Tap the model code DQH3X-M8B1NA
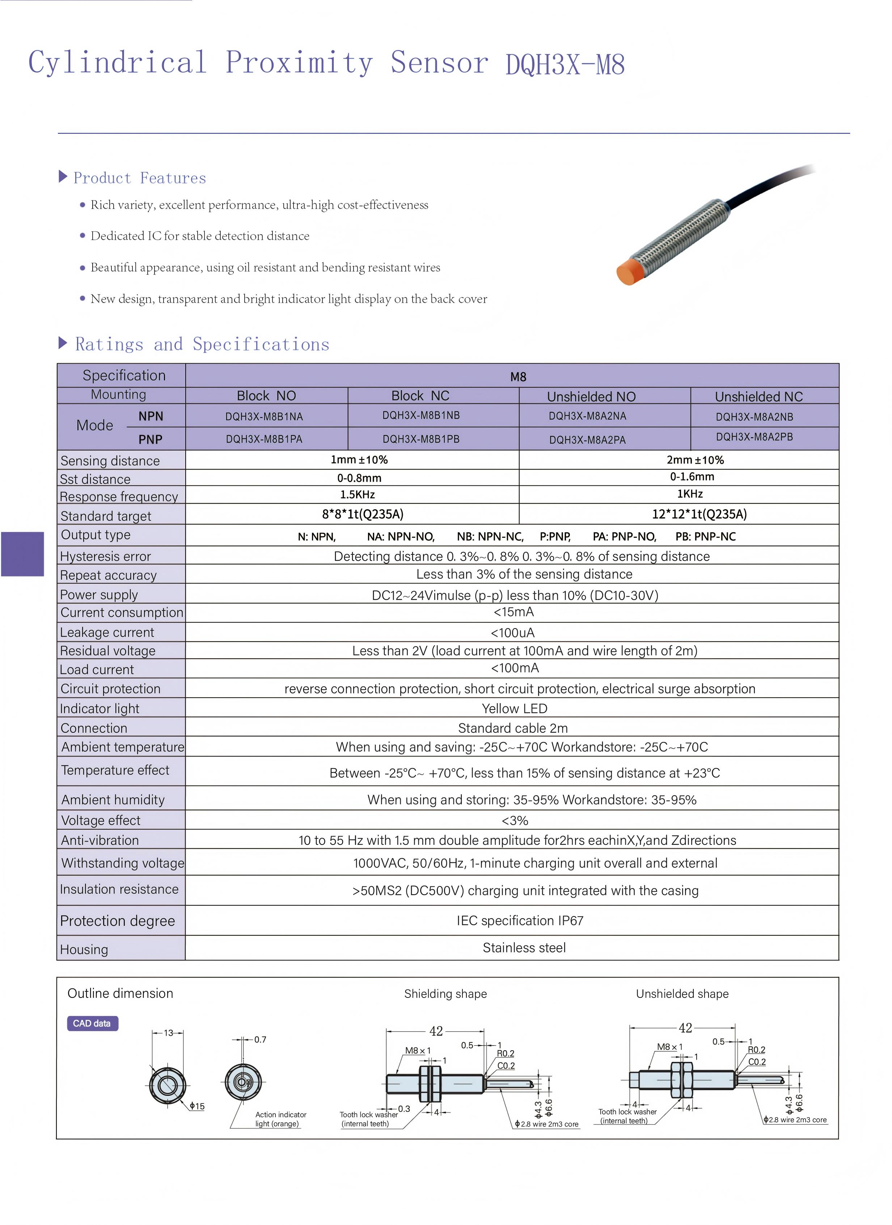tap(264, 416)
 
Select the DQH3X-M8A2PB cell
tap(754, 437)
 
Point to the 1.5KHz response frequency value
tap(357, 494)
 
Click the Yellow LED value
tap(514, 708)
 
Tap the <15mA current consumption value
tap(513, 612)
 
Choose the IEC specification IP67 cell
tap(520, 920)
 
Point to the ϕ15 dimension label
tap(197, 1106)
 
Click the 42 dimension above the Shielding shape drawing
tap(436, 1031)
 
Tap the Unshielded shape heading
tap(682, 994)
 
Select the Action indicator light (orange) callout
tap(280, 1119)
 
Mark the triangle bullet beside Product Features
tap(63, 176)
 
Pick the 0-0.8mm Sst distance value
tap(359, 478)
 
